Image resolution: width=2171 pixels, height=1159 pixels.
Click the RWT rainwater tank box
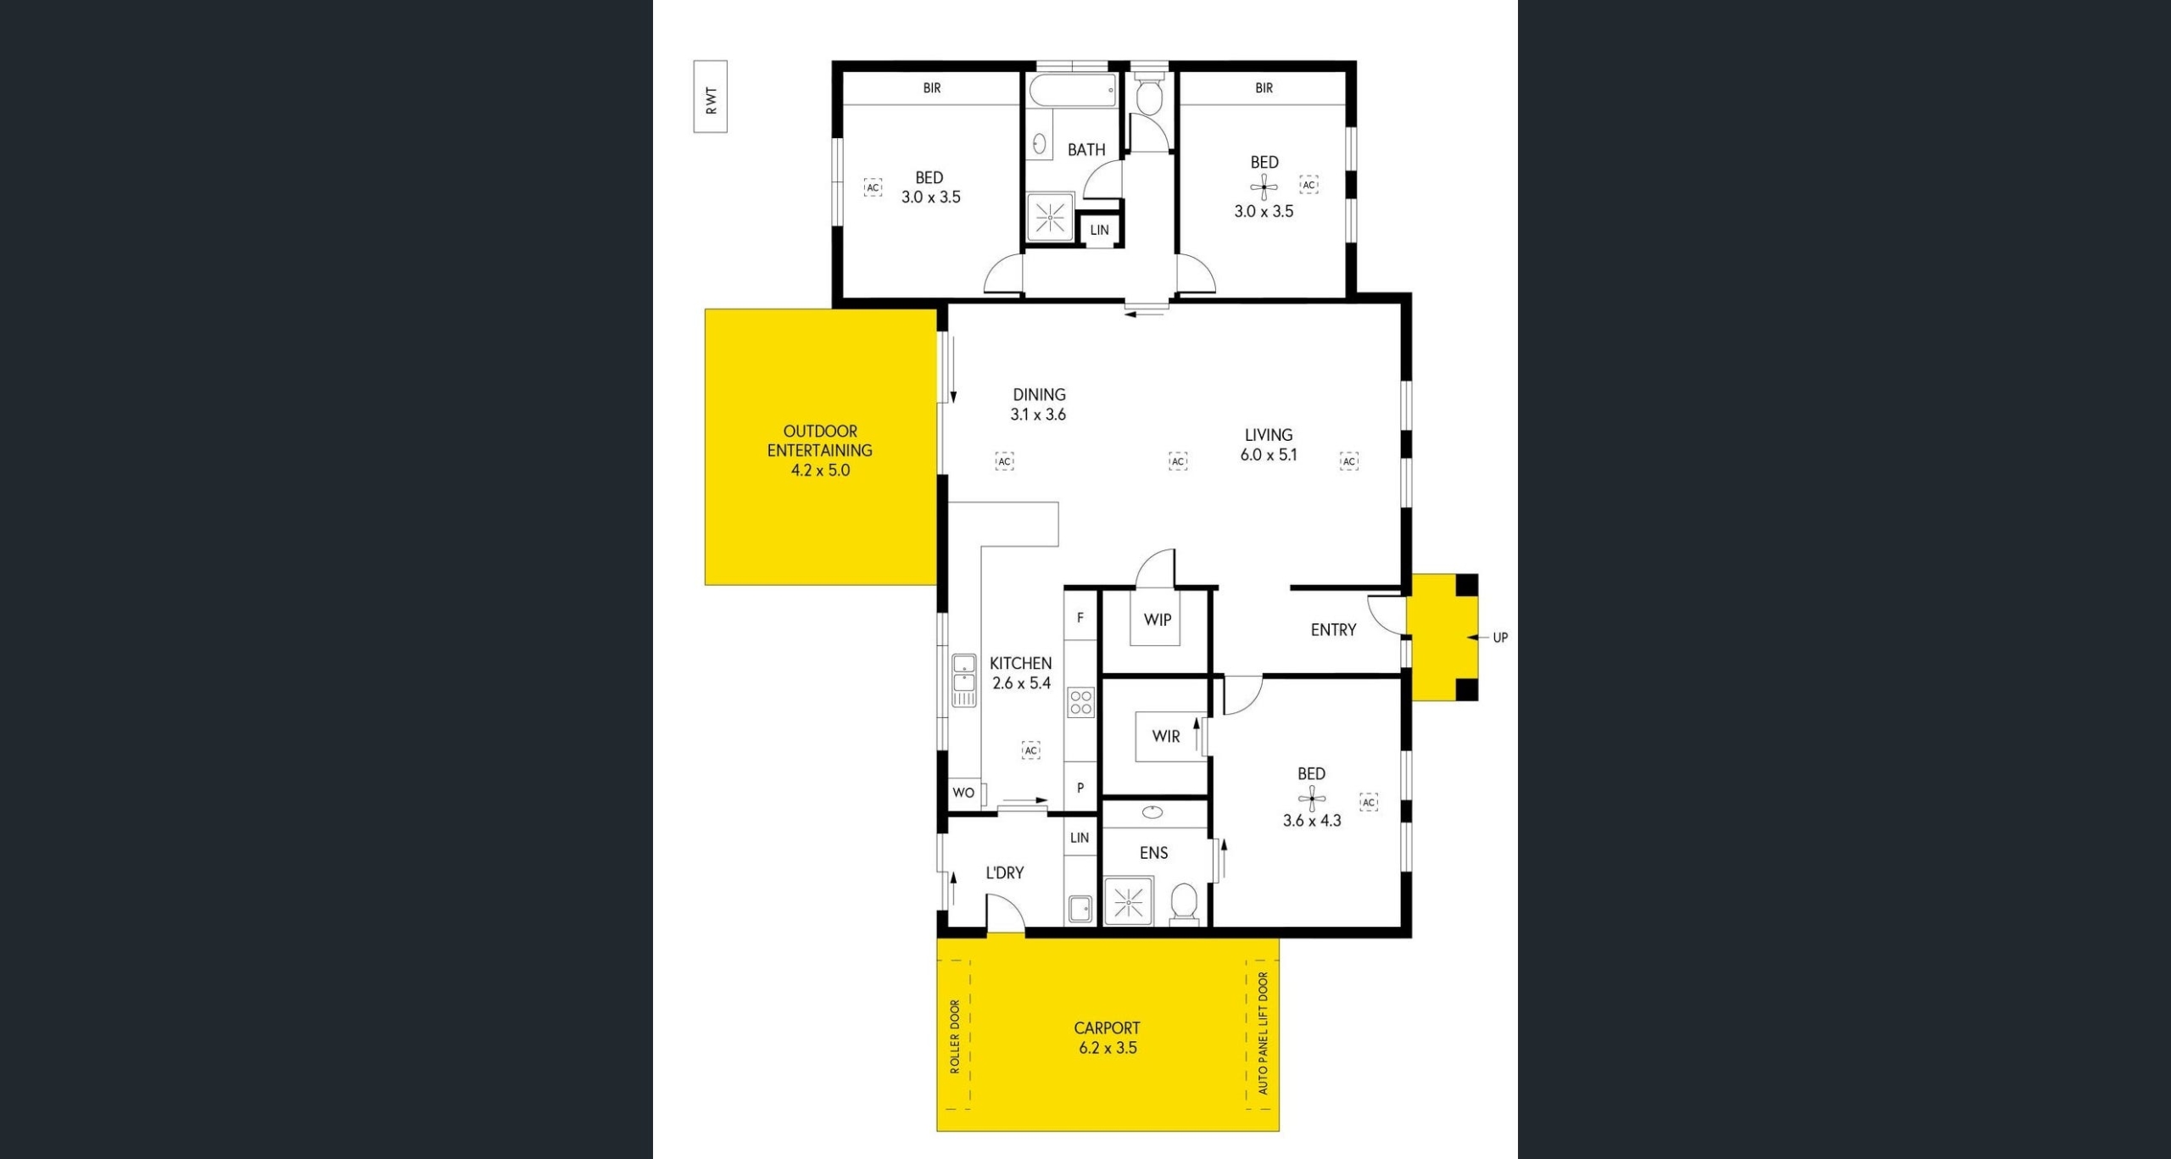711,97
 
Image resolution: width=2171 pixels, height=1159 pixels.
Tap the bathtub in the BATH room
1073,90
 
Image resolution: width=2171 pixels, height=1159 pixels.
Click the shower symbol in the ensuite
1128,902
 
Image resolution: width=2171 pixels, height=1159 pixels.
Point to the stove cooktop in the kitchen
1080,702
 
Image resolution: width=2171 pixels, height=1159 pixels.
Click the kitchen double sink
963,680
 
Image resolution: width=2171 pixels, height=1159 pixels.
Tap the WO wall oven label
963,793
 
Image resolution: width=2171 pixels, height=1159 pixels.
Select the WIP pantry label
1158,620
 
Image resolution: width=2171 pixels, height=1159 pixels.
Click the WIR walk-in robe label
1165,737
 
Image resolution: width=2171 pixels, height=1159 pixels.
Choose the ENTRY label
1333,630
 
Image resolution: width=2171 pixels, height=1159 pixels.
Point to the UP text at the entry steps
1500,638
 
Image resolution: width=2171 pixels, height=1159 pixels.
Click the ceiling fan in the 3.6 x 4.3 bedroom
1312,798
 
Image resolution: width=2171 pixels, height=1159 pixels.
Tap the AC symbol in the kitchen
1031,750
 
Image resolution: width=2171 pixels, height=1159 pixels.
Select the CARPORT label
1107,1028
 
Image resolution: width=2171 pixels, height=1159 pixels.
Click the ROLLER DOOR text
955,1037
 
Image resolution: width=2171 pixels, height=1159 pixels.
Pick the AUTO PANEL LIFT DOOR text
1263,1034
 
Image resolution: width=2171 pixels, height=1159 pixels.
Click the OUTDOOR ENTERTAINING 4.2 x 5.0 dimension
820,471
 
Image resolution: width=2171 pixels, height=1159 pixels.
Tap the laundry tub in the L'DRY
1080,909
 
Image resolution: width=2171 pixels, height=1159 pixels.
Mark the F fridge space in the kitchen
1080,618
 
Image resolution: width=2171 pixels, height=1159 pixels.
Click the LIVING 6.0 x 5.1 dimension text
1269,454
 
